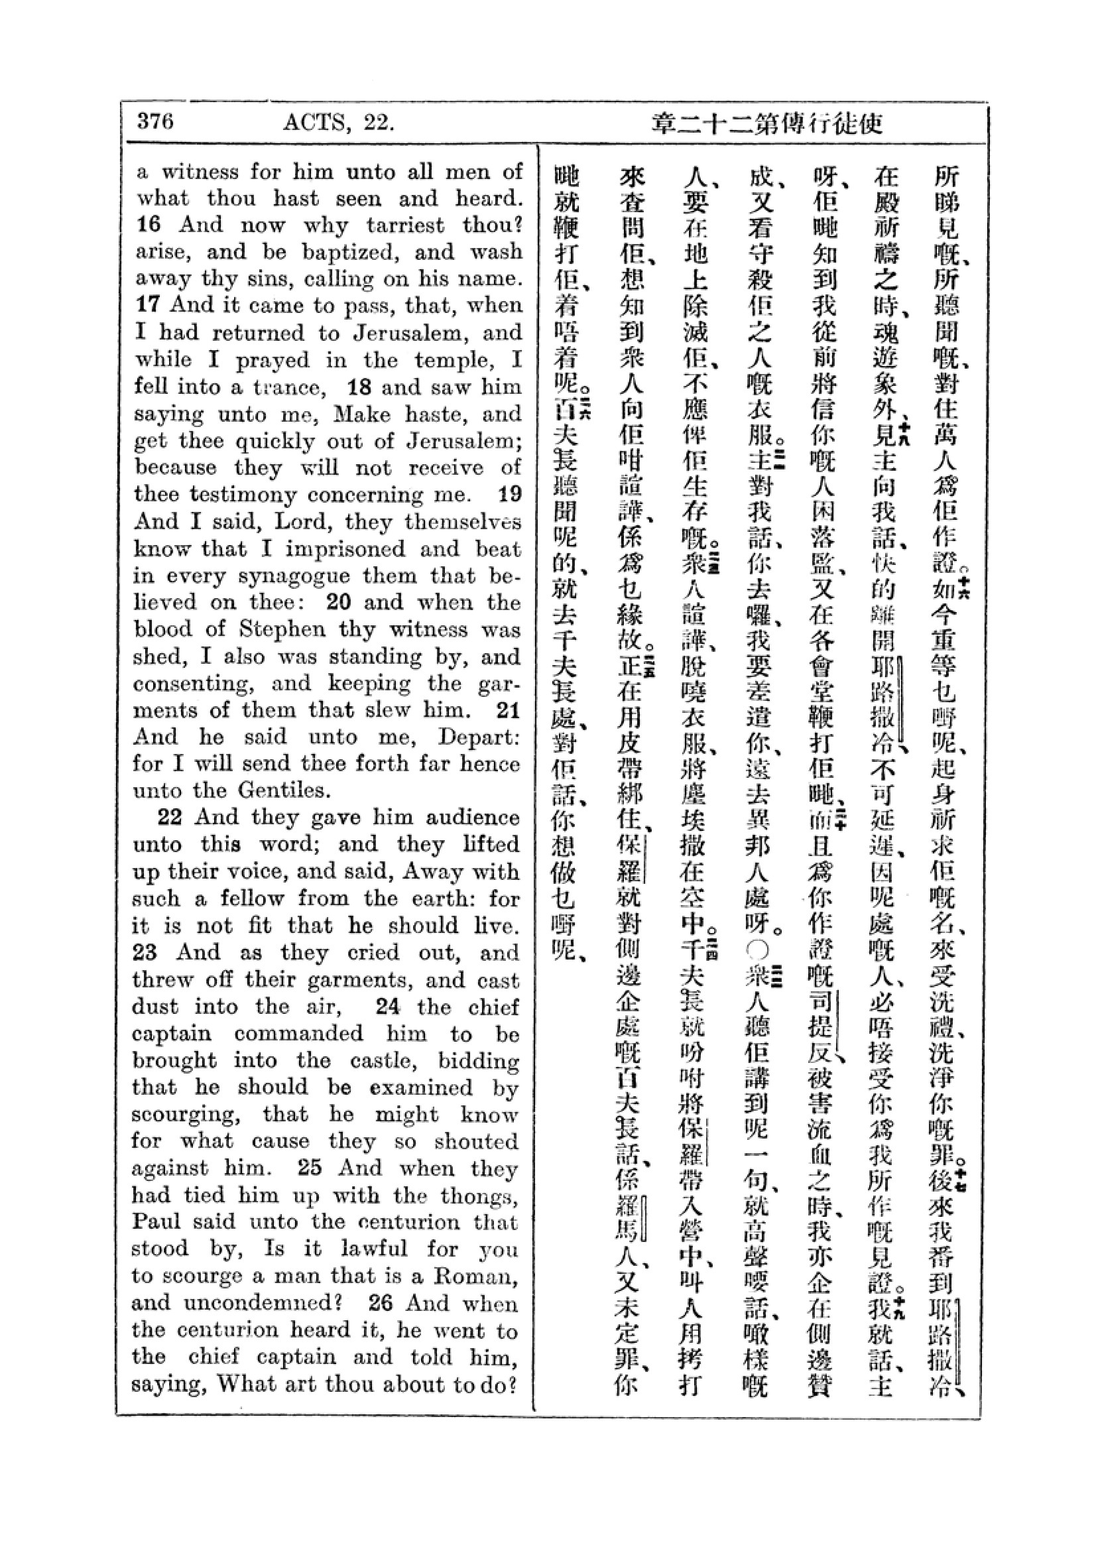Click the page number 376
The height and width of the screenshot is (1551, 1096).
click(155, 121)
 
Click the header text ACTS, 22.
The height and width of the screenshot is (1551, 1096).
click(338, 123)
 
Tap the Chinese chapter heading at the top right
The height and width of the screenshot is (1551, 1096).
click(767, 123)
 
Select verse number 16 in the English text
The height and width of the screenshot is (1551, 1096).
click(149, 225)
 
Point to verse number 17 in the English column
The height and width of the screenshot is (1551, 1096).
click(148, 305)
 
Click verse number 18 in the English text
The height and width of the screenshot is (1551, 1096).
click(360, 387)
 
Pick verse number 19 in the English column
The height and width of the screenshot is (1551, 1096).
click(510, 495)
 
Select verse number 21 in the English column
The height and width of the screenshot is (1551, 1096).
click(508, 710)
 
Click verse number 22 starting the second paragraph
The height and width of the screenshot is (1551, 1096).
click(170, 818)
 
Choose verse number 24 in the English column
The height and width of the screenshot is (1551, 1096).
click(388, 1007)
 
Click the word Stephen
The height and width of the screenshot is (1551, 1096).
click(282, 629)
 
